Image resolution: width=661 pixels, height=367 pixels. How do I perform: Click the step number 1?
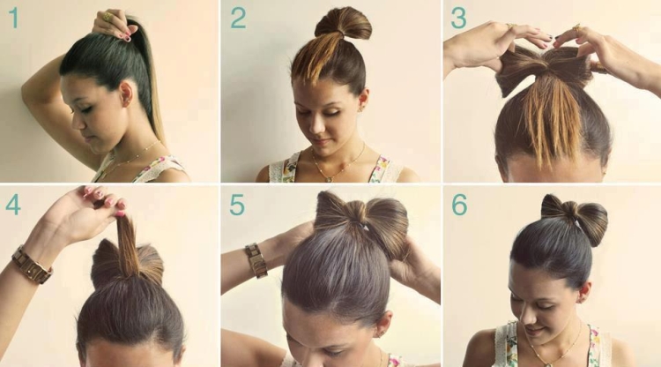[14, 18]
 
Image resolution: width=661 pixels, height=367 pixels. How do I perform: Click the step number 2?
[238, 18]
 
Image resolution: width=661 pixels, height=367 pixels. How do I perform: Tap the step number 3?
[458, 18]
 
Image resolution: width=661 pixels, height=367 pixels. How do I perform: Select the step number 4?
[13, 205]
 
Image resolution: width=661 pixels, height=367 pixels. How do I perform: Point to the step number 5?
[237, 205]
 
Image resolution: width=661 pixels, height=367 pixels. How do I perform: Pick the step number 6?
[459, 205]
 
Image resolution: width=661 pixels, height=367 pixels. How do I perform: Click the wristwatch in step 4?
[32, 265]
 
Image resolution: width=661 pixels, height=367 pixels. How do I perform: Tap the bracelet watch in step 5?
[256, 260]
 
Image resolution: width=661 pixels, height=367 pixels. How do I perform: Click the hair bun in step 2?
[343, 24]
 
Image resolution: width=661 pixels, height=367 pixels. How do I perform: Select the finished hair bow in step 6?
[574, 219]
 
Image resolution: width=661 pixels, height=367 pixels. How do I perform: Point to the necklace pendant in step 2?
[330, 179]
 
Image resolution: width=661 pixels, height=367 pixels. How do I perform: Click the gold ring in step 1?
[108, 17]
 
